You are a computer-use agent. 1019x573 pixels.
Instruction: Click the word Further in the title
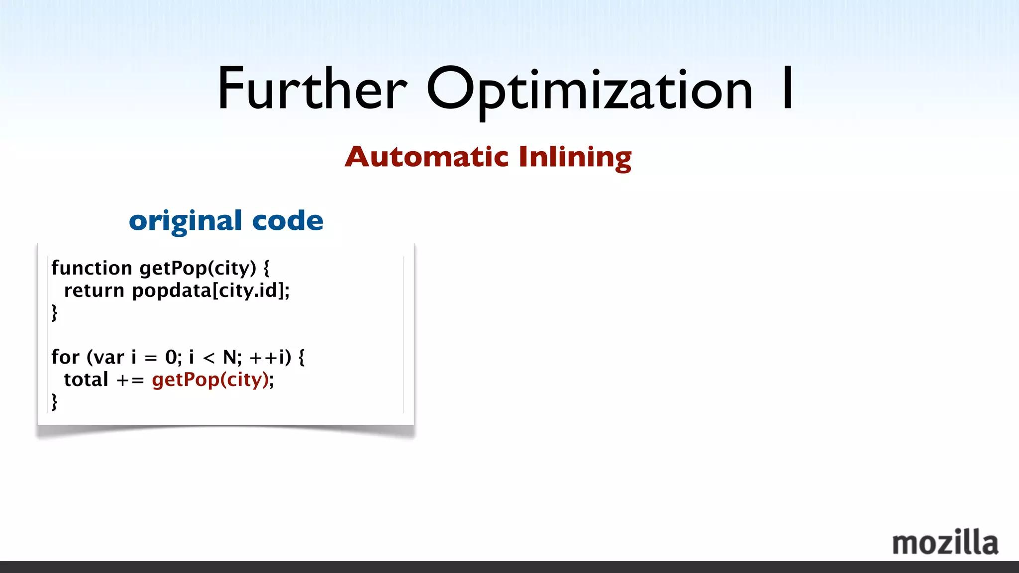coord(312,90)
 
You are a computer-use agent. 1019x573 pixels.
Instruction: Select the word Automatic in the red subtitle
coord(426,157)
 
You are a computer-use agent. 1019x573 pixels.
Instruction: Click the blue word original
coord(186,221)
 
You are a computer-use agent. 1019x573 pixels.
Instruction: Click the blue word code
coord(288,221)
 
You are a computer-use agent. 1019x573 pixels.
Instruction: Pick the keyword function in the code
coord(92,268)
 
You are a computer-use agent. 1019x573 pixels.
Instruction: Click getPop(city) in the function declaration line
coord(198,268)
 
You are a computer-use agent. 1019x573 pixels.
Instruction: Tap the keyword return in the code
coord(94,290)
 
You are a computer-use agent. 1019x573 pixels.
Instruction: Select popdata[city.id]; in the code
coord(210,290)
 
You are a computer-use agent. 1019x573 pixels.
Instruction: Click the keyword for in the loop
coord(65,357)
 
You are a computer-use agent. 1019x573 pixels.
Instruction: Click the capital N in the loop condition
coord(229,357)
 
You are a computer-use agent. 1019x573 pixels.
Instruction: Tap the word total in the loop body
coord(86,380)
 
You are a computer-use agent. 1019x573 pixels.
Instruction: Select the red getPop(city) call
coord(210,380)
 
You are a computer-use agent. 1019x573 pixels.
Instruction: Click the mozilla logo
coord(945,543)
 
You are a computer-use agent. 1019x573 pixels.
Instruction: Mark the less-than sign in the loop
coord(209,358)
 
